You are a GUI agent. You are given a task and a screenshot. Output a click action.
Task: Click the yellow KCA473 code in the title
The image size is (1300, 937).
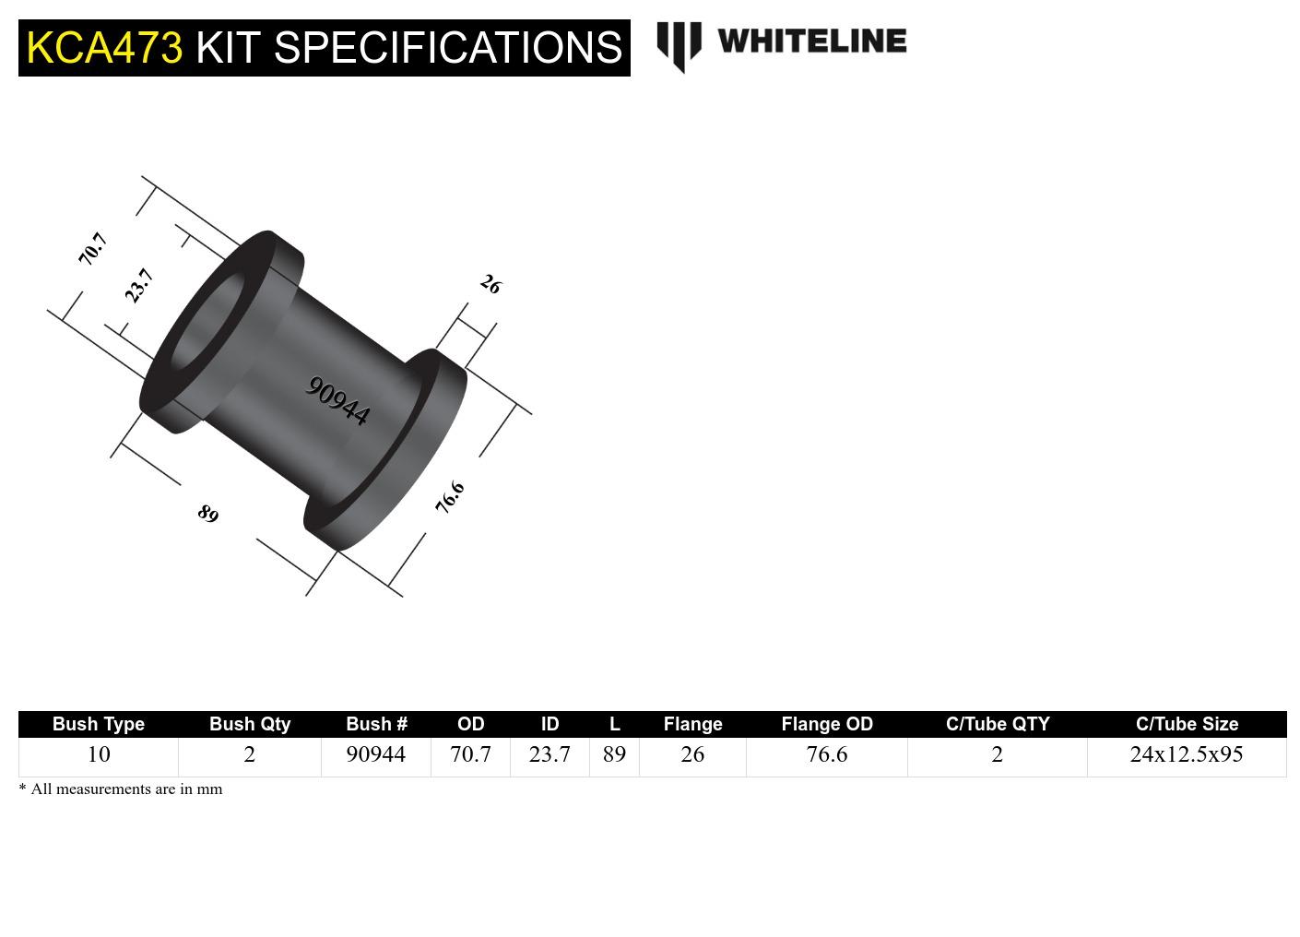[104, 47]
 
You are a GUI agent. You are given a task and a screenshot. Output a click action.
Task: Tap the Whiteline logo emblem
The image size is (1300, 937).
[679, 45]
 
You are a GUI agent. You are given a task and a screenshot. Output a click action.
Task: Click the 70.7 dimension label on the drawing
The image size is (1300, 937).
[93, 249]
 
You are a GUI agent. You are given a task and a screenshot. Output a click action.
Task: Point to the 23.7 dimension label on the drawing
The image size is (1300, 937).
[139, 285]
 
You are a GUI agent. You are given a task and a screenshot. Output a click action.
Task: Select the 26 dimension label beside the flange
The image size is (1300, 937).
[490, 285]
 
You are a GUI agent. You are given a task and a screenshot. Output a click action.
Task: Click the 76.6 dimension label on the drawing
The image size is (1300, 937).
[450, 497]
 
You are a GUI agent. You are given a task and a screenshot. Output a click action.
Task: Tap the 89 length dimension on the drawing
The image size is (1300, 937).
[208, 514]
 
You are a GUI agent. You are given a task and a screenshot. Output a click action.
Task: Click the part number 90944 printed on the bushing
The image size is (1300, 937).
[337, 401]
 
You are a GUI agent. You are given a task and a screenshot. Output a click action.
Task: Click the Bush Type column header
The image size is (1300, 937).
[98, 724]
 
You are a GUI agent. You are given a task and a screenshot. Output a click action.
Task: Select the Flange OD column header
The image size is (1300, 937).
[826, 724]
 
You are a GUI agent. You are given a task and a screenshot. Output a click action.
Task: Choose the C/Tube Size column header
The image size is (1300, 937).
[1187, 724]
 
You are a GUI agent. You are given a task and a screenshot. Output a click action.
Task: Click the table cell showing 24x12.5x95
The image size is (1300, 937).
[1186, 754]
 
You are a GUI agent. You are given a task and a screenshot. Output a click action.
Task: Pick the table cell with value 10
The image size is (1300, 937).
[98, 754]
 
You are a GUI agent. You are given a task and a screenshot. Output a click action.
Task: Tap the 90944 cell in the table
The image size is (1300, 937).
[375, 754]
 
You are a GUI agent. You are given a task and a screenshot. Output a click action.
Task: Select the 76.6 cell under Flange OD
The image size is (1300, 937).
[826, 754]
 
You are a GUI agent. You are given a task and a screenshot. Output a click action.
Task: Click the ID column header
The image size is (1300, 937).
[550, 724]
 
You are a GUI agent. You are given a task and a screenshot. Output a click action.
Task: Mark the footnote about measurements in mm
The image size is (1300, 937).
[121, 789]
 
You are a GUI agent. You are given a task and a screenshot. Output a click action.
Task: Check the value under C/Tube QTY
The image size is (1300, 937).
[997, 754]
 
